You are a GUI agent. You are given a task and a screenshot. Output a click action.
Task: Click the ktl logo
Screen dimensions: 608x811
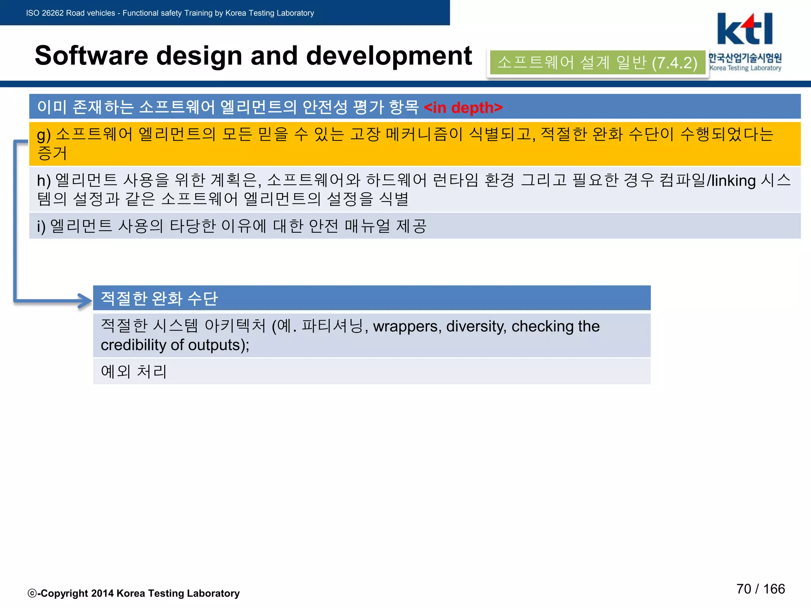click(x=744, y=29)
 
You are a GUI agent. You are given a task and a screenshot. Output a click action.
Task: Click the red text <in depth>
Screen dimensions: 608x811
click(x=463, y=107)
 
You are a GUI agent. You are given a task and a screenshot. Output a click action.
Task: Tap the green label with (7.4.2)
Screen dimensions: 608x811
click(x=597, y=63)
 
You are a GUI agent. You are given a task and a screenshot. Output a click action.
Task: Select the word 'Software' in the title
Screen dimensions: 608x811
click(x=91, y=56)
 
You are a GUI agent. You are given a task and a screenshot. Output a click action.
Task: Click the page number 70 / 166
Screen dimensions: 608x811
click(x=760, y=589)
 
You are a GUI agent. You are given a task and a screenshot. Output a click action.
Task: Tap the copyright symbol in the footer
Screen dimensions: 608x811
click(x=32, y=593)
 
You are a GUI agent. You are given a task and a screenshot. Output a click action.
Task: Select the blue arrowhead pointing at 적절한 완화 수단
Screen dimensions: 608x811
click(x=86, y=300)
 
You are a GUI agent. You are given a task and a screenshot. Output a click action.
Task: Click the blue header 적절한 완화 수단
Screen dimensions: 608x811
click(x=371, y=298)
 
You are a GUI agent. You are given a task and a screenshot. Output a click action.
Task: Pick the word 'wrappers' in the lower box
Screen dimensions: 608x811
click(x=407, y=327)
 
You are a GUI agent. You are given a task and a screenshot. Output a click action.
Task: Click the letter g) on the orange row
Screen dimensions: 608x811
click(x=44, y=135)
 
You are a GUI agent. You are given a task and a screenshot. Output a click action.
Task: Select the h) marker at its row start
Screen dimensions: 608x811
click(x=44, y=181)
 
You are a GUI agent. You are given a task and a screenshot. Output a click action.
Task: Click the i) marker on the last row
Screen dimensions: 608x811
click(x=41, y=227)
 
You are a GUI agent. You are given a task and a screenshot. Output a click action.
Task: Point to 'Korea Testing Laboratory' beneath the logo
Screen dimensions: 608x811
click(x=745, y=68)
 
